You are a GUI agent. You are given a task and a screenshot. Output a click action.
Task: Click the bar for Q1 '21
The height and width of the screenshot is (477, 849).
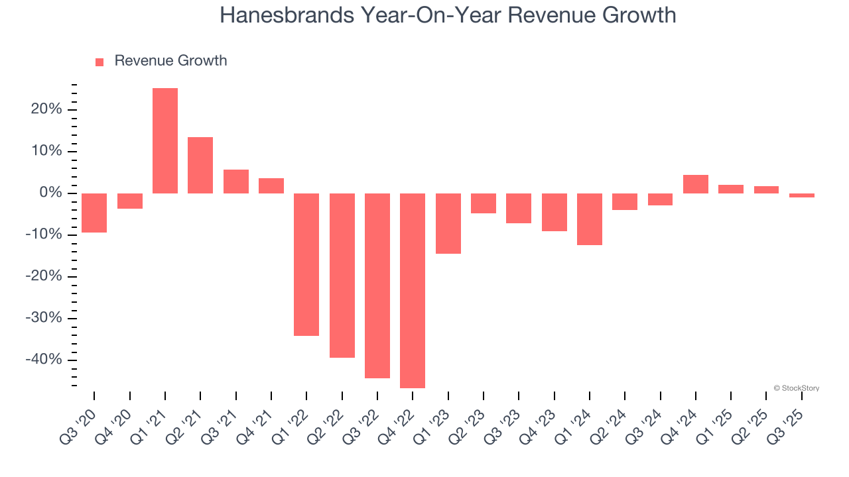click(165, 140)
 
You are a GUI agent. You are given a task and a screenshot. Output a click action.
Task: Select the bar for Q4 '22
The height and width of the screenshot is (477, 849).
click(413, 290)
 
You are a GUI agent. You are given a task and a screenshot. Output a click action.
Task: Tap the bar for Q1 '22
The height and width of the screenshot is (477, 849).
click(306, 264)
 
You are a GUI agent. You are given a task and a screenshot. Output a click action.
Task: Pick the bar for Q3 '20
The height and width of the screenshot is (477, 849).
click(94, 213)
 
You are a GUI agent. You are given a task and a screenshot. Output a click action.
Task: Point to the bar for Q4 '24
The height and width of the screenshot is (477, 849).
click(696, 184)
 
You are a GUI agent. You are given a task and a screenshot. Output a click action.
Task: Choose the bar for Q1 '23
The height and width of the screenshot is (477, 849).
click(448, 223)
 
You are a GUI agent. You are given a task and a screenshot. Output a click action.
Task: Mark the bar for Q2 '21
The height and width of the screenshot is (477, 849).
click(200, 165)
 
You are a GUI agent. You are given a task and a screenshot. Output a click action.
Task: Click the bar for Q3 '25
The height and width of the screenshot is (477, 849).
click(802, 195)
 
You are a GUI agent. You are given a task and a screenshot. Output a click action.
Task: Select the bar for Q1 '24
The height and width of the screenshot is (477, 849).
click(590, 219)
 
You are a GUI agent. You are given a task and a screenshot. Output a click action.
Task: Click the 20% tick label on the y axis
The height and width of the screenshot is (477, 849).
click(46, 109)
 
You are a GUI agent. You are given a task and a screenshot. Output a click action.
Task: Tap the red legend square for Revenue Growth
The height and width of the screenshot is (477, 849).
click(99, 62)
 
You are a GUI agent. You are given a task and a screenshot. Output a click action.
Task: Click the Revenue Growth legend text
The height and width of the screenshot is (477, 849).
click(170, 61)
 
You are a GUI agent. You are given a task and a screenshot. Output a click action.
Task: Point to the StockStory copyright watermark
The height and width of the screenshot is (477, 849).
click(796, 388)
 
